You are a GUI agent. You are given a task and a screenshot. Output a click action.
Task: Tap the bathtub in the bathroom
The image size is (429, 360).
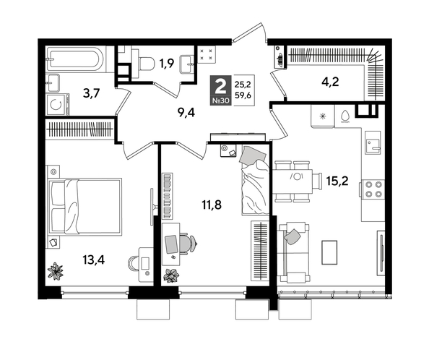(76, 58)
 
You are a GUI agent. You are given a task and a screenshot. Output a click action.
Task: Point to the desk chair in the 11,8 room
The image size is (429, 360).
(185, 244)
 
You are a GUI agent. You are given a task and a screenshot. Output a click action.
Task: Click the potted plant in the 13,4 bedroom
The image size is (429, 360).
(55, 270)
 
